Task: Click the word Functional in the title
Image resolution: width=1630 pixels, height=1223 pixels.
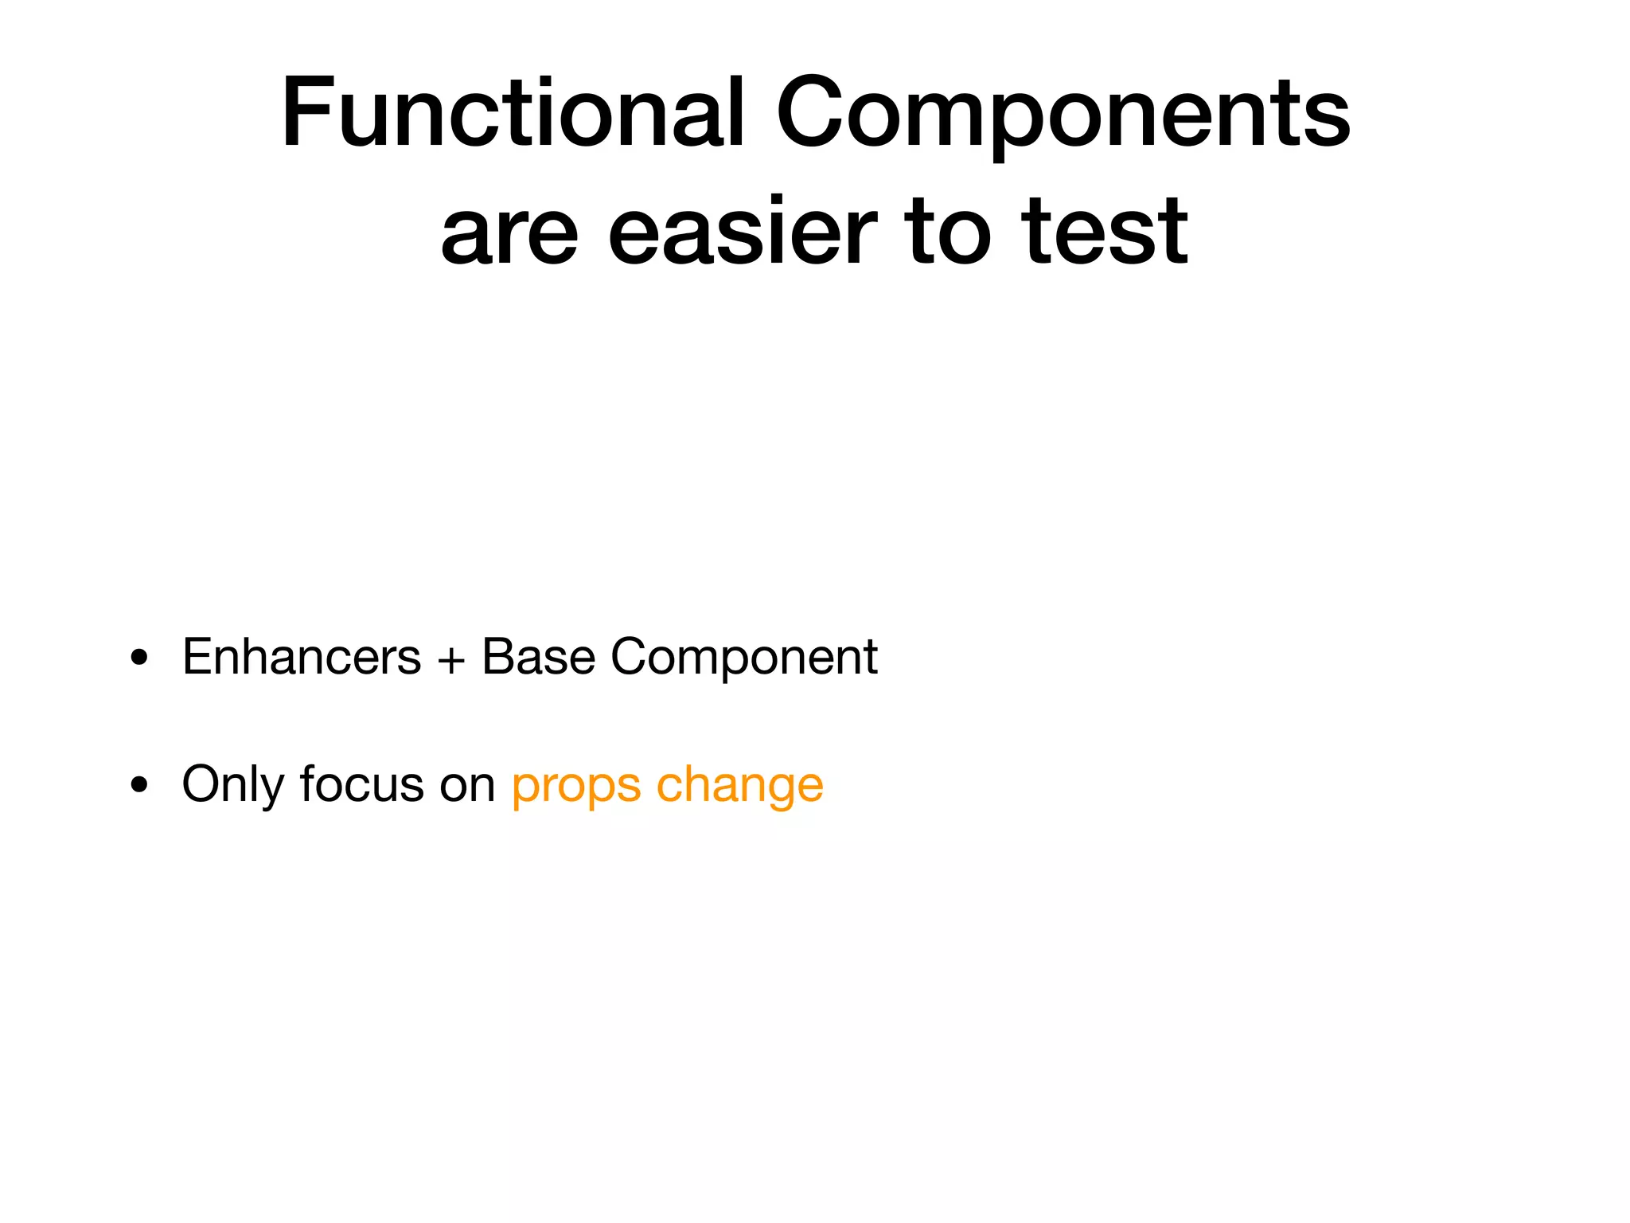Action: (x=513, y=112)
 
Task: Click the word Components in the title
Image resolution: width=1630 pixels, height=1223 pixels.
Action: (x=1063, y=112)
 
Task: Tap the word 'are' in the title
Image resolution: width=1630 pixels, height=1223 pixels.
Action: (x=509, y=233)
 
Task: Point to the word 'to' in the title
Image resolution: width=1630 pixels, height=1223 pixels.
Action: (x=948, y=233)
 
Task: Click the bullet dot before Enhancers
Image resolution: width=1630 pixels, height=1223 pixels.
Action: (x=140, y=658)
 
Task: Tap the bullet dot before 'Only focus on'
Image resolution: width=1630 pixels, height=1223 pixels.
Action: (x=140, y=785)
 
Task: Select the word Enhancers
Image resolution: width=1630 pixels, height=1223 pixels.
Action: (x=302, y=658)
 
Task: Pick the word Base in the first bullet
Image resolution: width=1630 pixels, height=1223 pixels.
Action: (x=539, y=658)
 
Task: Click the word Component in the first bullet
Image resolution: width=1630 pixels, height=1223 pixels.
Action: (x=743, y=658)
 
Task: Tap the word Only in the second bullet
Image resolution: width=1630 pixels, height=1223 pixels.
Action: (x=233, y=785)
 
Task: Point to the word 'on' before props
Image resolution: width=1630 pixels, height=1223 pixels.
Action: (x=468, y=785)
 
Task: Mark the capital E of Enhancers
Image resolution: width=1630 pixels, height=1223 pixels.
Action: (x=197, y=658)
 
